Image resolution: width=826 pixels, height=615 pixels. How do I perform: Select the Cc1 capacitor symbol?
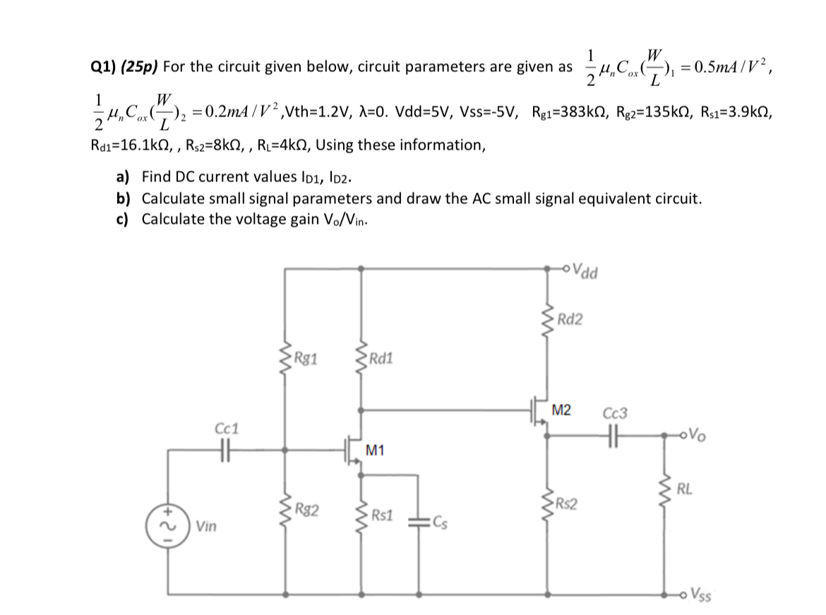pyautogui.click(x=226, y=449)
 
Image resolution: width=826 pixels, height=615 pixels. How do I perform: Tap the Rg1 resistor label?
pyautogui.click(x=306, y=357)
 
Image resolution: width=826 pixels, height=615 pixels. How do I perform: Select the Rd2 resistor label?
pyautogui.click(x=570, y=320)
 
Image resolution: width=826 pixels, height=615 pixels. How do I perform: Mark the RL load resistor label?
pyautogui.click(x=683, y=487)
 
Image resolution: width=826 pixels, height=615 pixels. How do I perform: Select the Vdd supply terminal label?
pyautogui.click(x=587, y=269)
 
